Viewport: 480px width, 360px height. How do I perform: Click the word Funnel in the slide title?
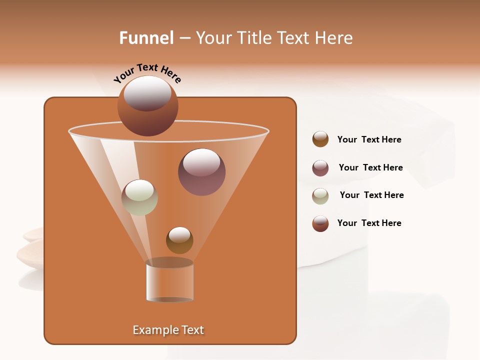pyautogui.click(x=146, y=38)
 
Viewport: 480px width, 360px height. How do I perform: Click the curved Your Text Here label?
pyautogui.click(x=147, y=73)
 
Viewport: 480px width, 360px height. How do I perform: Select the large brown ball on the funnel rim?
pyautogui.click(x=147, y=106)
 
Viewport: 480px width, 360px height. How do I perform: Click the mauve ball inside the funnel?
pyautogui.click(x=202, y=172)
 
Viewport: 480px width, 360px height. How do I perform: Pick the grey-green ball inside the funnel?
pyautogui.click(x=139, y=197)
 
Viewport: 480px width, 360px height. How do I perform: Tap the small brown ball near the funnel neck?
pyautogui.click(x=179, y=240)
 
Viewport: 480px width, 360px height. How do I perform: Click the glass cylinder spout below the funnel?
pyautogui.click(x=170, y=281)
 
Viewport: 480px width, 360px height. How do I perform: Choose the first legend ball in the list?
pyautogui.click(x=320, y=139)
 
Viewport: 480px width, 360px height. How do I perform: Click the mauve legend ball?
pyautogui.click(x=320, y=168)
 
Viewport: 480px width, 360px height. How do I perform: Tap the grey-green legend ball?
pyautogui.click(x=320, y=196)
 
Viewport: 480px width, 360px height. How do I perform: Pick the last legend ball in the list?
pyautogui.click(x=320, y=223)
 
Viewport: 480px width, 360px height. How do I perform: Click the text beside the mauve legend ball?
pyautogui.click(x=370, y=167)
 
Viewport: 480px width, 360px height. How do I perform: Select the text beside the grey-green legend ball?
pyautogui.click(x=371, y=195)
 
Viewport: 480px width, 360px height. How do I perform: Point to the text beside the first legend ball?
pyautogui.click(x=369, y=139)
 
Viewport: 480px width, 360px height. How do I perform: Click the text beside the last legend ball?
pyautogui.click(x=369, y=223)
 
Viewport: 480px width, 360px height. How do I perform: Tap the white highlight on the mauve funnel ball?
pyautogui.click(x=201, y=162)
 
